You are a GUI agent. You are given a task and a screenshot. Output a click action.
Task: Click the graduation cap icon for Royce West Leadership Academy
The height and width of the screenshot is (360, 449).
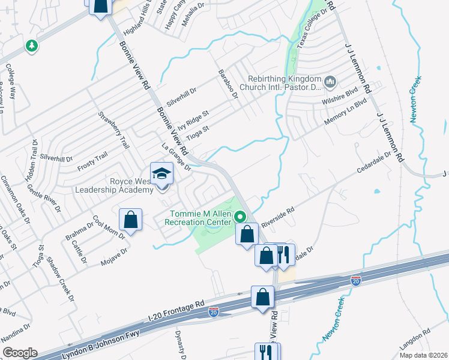[161, 174]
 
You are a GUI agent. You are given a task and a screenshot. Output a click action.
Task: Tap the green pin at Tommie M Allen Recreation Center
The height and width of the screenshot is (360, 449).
[241, 216]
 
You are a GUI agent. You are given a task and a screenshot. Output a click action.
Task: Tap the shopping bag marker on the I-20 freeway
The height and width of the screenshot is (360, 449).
[262, 297]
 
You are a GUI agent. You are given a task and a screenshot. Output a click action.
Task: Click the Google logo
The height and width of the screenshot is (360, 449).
[20, 353]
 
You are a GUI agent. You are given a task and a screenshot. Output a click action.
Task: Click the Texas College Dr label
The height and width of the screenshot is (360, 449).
[310, 25]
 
